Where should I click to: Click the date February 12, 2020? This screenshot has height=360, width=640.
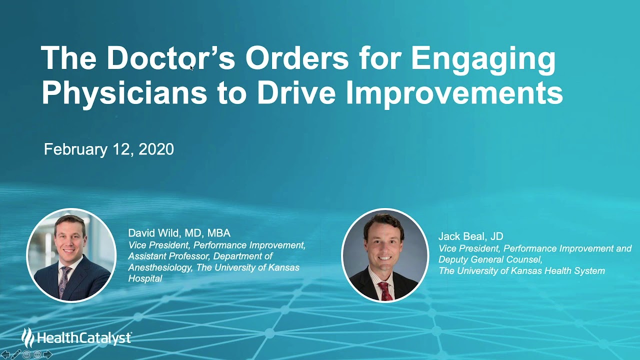(x=108, y=149)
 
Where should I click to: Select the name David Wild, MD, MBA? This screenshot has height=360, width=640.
(x=179, y=233)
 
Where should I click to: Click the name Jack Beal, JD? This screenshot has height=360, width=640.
(x=470, y=236)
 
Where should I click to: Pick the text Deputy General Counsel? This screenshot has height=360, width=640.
(x=490, y=259)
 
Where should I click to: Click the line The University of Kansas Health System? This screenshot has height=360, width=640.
(x=521, y=271)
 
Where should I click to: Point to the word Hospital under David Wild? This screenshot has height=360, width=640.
(x=145, y=278)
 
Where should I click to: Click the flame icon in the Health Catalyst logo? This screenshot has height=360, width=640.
(x=28, y=337)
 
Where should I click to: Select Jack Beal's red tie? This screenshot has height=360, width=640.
(x=384, y=290)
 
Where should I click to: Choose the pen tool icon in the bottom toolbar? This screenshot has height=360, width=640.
(x=16, y=354)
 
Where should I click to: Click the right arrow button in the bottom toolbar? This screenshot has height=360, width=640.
(x=48, y=354)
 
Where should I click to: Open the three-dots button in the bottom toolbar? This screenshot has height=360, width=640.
(x=37, y=354)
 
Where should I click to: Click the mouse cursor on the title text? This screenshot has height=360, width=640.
(x=191, y=67)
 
